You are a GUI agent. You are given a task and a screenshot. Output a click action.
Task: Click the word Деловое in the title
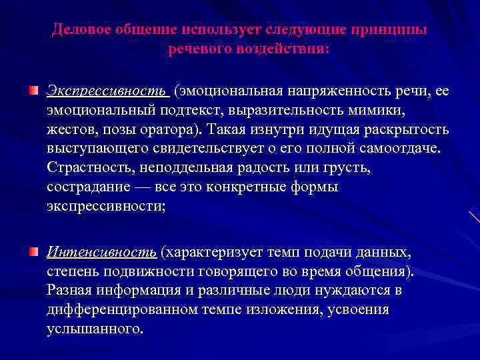click(x=80, y=31)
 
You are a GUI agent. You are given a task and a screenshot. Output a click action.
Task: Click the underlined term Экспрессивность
click(x=106, y=90)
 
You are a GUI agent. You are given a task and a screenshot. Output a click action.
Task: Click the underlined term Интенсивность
click(x=101, y=253)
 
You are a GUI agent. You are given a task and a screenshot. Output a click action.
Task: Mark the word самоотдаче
click(x=401, y=147)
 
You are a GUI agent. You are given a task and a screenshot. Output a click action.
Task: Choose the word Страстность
click(x=87, y=167)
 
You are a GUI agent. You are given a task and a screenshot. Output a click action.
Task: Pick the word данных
click(x=387, y=253)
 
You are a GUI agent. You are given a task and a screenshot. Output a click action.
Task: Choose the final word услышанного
click(x=94, y=330)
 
